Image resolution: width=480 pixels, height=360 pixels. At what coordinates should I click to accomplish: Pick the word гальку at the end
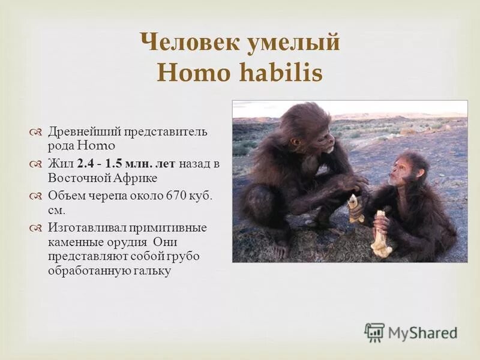(152, 271)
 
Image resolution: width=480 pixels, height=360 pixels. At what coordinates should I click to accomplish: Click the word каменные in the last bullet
(74, 242)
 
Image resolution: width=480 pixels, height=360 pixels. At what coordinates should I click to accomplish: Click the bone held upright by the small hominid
(380, 234)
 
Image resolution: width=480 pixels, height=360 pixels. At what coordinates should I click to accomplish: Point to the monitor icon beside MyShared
(374, 332)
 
